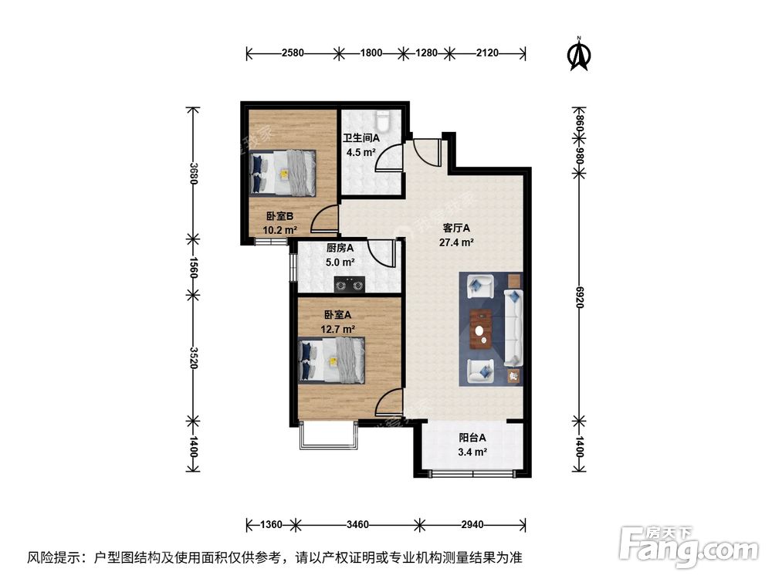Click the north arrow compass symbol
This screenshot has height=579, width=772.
577,53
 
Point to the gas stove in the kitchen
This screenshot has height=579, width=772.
349,286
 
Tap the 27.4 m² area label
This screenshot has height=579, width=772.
457,242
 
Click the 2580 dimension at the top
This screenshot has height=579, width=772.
293,53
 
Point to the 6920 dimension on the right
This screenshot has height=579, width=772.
580,294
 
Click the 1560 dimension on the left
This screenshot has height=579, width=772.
193,266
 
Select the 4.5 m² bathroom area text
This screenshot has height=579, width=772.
361,152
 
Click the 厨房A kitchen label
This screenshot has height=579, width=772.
340,249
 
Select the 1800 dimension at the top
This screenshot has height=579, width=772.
371,53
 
